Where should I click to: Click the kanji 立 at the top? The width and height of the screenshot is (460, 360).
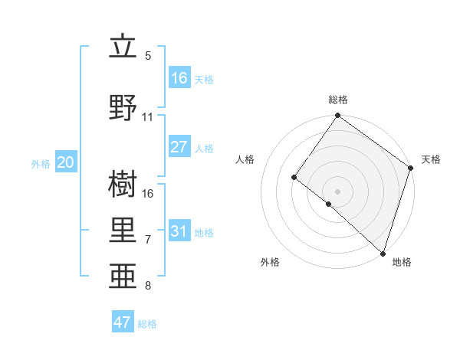tap(123, 47)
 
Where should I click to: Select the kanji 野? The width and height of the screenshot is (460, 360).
tap(123, 107)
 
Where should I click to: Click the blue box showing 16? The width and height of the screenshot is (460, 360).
tap(179, 77)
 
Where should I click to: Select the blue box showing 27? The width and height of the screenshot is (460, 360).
tap(179, 147)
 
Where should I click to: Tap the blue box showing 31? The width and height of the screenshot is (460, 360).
tap(179, 231)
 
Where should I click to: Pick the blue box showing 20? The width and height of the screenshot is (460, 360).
tap(66, 162)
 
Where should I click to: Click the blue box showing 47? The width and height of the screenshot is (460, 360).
tap(123, 322)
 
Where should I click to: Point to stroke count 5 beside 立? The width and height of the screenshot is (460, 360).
tap(148, 56)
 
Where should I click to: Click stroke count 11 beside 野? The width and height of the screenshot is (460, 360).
tap(148, 117)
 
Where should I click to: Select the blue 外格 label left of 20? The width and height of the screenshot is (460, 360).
tap(41, 163)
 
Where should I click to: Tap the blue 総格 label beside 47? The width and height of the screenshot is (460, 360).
tap(147, 324)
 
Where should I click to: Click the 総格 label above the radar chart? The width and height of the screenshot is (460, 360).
tap(337, 100)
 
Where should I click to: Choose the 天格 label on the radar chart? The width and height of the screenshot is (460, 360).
tap(431, 159)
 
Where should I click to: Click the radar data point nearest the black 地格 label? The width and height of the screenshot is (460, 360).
tap(383, 252)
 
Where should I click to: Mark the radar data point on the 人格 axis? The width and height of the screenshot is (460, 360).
tap(294, 177)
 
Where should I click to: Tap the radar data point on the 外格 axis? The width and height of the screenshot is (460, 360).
tap(329, 204)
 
